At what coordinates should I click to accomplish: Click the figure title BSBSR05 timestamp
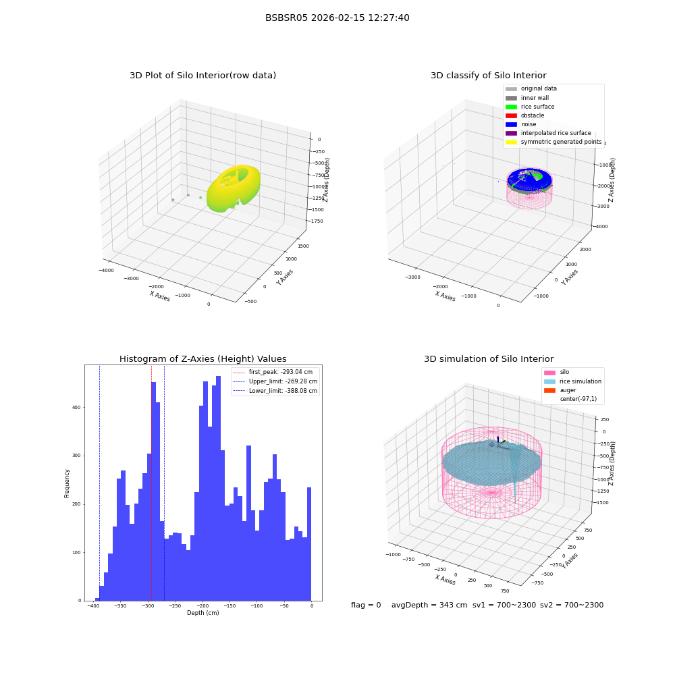(337, 18)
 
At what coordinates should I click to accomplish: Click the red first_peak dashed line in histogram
(151, 483)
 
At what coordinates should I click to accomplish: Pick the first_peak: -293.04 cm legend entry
(273, 372)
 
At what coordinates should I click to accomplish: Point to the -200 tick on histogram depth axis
(202, 605)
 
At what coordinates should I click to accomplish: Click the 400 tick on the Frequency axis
(77, 407)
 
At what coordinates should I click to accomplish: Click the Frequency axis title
(67, 483)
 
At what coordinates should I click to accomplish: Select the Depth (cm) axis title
(202, 613)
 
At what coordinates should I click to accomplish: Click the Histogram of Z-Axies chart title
(202, 358)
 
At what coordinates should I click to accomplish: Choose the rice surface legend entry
(530, 107)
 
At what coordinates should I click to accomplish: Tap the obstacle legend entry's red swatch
(511, 115)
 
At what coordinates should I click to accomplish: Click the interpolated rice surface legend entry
(548, 133)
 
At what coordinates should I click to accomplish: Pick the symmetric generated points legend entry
(553, 142)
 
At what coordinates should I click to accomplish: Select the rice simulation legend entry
(572, 381)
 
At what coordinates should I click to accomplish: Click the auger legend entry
(560, 390)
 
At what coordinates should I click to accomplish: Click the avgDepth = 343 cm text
(429, 605)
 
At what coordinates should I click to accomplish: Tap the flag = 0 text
(366, 605)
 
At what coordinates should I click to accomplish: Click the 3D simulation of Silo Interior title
(489, 358)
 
